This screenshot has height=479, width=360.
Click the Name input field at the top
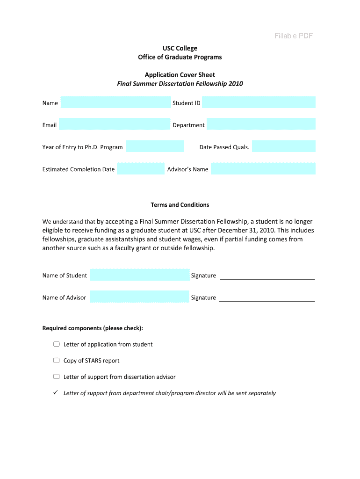[115, 102]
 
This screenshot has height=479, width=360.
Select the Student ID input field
[259, 102]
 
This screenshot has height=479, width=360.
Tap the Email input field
[114, 124]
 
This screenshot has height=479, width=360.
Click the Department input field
[261, 124]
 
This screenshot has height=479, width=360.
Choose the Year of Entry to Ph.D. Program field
[155, 146]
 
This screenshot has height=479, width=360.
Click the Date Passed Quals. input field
[283, 146]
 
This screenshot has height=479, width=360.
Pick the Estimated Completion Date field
[140, 169]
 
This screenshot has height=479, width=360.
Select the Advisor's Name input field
[263, 169]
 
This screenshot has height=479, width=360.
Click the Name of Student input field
[139, 275]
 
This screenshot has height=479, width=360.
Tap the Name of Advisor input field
[139, 297]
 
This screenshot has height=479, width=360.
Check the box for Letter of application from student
[57, 344]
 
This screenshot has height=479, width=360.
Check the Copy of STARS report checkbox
[57, 361]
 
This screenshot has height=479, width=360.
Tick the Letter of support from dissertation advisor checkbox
[57, 377]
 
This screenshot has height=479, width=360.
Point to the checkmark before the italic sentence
[55, 392]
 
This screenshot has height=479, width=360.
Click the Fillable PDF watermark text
[293, 36]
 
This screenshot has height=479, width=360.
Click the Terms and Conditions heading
[180, 205]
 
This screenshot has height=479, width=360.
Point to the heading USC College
[180, 48]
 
